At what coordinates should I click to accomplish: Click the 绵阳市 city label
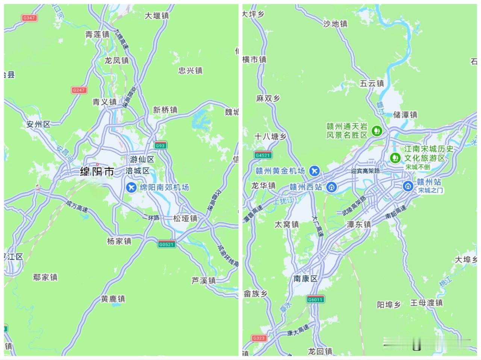pos(97,172)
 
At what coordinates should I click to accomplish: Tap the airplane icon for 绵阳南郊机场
pos(132,187)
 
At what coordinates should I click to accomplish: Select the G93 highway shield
pos(160,145)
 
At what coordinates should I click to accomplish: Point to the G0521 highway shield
pos(166,244)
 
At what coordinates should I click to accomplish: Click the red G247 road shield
pos(79,90)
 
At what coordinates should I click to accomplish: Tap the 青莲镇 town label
pos(97,35)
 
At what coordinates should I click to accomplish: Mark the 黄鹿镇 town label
pos(113,299)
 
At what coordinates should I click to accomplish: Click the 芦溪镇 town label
pos(204,280)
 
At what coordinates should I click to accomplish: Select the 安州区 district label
pos(38,124)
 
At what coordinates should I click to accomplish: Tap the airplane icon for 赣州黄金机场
pos(314,171)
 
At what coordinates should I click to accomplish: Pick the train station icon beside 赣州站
pos(408,185)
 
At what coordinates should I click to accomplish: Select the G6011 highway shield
pos(315,299)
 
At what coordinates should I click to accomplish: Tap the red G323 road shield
pos(259,338)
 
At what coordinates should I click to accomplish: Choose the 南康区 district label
pos(306,279)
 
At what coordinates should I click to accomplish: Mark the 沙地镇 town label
pos(335,24)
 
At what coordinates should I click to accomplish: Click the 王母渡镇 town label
pos(427,303)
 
